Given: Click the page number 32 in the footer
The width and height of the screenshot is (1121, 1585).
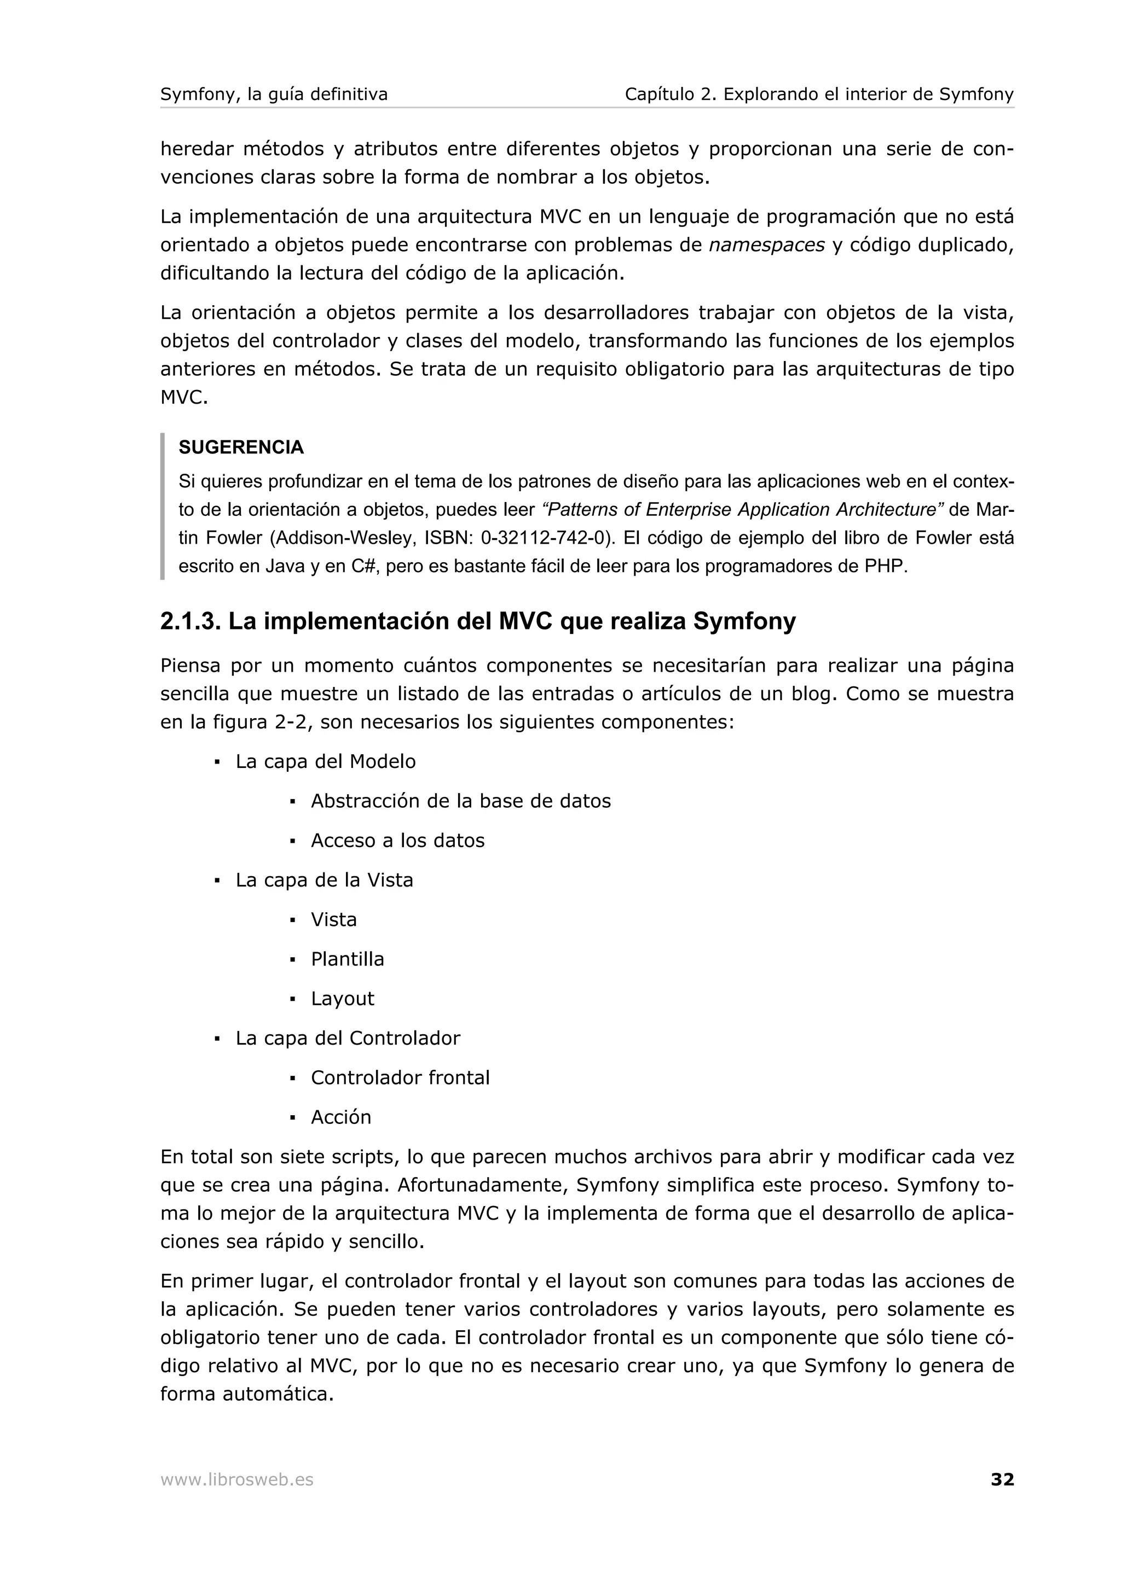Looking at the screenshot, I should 1002,1479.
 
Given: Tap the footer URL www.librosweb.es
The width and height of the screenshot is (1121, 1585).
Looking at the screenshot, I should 236,1479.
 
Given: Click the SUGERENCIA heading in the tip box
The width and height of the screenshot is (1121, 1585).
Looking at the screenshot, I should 241,447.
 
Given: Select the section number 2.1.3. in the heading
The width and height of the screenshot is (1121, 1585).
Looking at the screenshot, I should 190,622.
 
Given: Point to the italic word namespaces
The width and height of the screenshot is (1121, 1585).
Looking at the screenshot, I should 767,245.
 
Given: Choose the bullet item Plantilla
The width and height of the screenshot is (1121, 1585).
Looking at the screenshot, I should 346,959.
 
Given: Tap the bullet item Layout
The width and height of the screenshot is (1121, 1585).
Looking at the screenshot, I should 342,998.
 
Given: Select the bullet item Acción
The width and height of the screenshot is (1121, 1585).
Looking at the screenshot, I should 340,1117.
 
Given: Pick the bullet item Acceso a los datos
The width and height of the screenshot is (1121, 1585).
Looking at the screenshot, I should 397,840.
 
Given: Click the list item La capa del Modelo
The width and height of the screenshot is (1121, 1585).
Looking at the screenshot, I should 325,761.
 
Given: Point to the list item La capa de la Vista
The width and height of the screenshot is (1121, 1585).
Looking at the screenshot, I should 324,880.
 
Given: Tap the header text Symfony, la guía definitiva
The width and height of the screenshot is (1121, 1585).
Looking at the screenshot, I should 274,94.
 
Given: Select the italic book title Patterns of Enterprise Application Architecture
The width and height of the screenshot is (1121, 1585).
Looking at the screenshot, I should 743,510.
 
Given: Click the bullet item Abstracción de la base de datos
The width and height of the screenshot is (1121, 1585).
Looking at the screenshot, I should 461,801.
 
